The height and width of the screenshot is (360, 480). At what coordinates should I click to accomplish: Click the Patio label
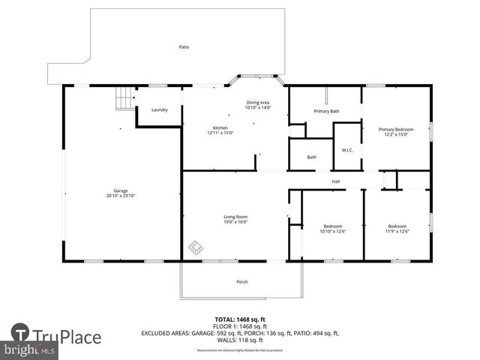tap(184, 47)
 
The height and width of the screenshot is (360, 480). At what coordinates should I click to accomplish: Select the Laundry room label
tap(159, 110)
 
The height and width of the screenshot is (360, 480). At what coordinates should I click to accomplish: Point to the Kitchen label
tap(220, 128)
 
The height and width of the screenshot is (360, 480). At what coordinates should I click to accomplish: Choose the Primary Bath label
tap(326, 112)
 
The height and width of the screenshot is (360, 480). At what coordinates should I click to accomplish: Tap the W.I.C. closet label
tap(347, 149)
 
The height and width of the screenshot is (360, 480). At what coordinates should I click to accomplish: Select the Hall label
tap(337, 181)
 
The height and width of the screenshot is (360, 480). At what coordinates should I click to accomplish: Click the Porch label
tap(241, 282)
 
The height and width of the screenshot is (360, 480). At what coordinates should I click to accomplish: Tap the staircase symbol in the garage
tap(124, 98)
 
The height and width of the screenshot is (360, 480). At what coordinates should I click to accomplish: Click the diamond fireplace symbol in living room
tap(195, 246)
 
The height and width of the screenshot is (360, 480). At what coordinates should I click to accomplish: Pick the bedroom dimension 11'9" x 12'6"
tap(397, 230)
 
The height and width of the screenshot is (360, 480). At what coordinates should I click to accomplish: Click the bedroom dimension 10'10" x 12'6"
tap(332, 230)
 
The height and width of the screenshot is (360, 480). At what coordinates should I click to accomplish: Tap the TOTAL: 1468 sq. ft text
tap(239, 319)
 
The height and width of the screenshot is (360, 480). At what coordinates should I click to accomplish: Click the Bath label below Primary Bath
tap(311, 157)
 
